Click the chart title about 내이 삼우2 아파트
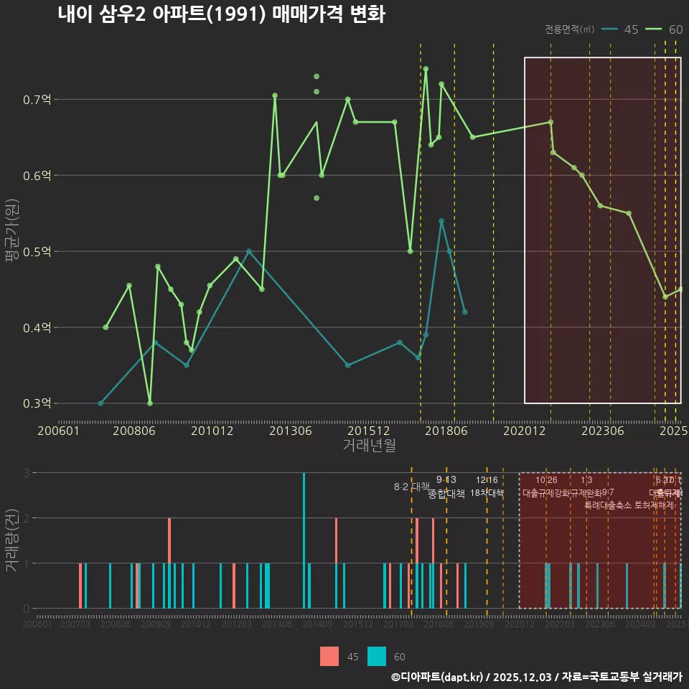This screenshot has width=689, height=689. (221, 14)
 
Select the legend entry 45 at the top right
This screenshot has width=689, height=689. (621, 29)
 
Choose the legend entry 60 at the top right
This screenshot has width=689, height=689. (665, 29)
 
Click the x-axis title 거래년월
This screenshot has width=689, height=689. (369, 446)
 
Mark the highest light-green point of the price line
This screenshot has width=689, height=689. (426, 69)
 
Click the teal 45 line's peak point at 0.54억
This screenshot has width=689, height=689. (441, 221)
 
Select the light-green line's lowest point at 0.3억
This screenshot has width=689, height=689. (150, 403)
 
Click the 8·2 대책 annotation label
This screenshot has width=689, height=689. (411, 487)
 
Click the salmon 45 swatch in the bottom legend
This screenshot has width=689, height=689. (329, 656)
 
